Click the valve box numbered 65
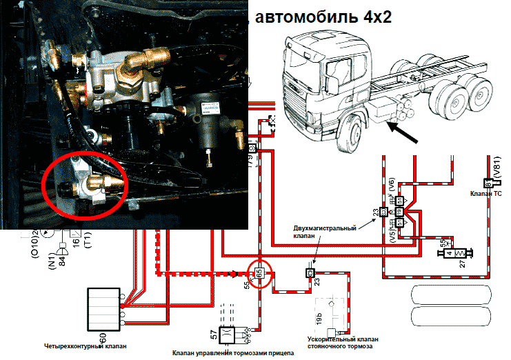259,273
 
